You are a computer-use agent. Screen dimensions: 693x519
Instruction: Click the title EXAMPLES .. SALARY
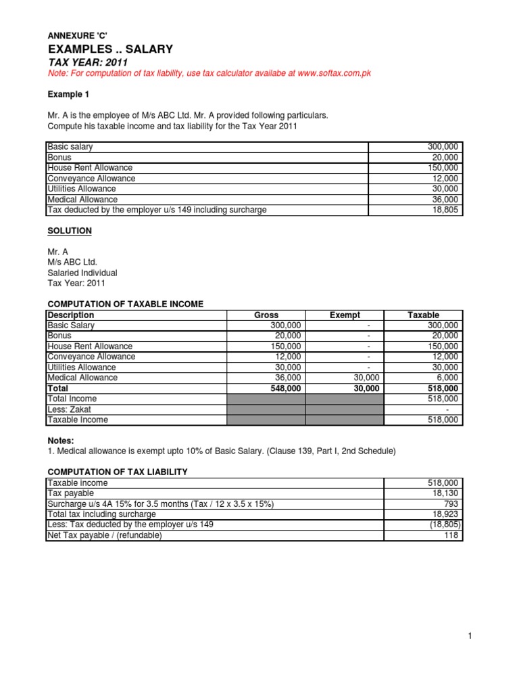(110, 49)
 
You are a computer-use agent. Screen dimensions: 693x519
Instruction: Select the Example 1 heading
(68, 94)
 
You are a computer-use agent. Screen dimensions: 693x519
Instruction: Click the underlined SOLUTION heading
(69, 231)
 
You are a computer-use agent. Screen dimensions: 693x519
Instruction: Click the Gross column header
(266, 315)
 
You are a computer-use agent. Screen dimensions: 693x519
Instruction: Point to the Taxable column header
(423, 315)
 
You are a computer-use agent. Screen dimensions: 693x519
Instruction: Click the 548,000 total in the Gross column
(286, 388)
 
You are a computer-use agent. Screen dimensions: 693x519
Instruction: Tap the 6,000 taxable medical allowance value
(447, 378)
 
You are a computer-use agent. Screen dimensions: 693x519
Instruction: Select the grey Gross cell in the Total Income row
(266, 399)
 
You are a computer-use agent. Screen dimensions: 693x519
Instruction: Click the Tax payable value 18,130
(445, 494)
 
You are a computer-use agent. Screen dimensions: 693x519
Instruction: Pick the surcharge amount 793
(451, 504)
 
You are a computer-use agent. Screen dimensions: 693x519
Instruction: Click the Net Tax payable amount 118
(452, 535)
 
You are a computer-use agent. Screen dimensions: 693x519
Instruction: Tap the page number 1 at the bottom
(468, 636)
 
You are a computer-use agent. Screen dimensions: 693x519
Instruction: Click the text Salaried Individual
(82, 273)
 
